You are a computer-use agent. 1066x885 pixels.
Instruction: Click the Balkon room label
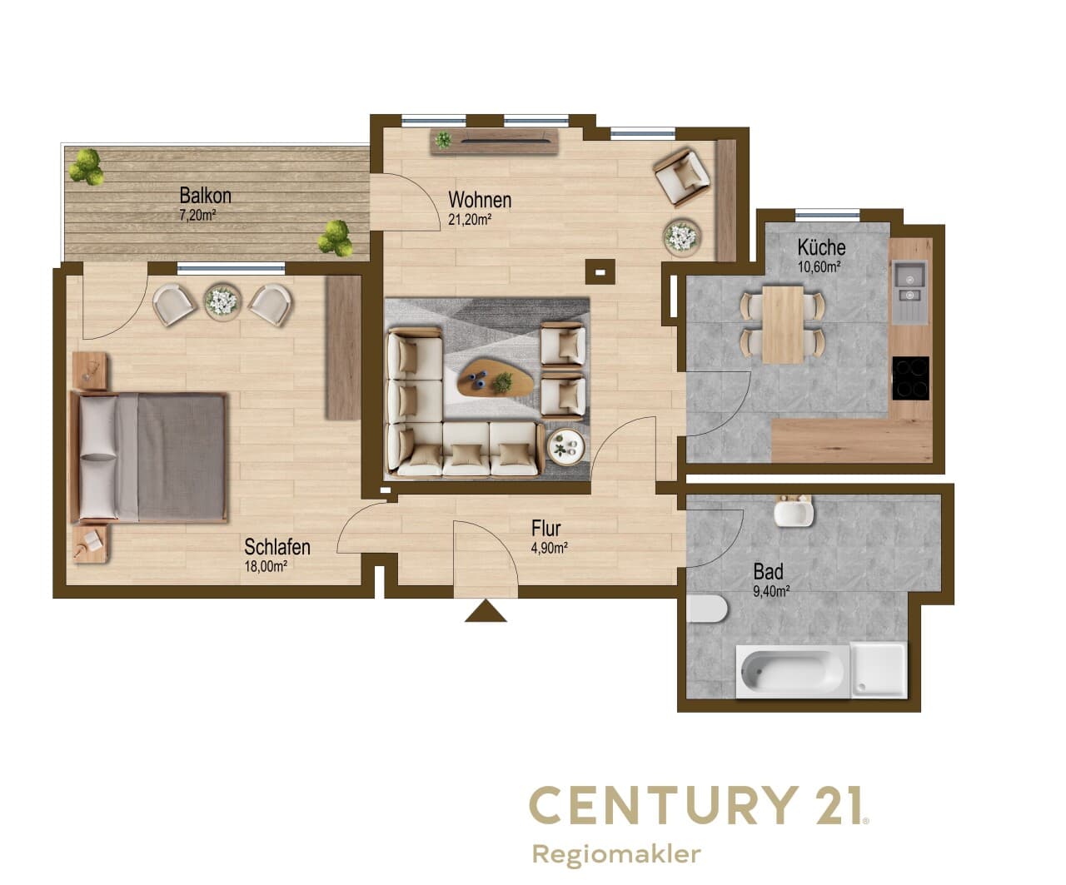click(205, 196)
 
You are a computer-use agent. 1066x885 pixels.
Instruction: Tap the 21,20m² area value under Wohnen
click(470, 220)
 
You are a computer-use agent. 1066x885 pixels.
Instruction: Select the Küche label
click(821, 247)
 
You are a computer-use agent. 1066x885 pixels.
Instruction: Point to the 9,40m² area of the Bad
click(771, 591)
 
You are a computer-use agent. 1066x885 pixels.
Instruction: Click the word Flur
click(545, 528)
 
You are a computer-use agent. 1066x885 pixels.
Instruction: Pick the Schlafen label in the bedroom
click(277, 547)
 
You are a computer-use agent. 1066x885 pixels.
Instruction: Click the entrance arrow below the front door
click(486, 611)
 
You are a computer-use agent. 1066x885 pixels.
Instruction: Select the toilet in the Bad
click(706, 609)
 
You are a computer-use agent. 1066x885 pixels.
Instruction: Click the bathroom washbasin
click(794, 511)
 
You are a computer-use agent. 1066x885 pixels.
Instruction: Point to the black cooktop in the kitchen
click(911, 378)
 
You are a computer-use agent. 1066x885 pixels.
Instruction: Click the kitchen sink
click(909, 291)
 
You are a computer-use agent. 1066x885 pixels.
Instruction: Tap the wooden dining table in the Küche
click(782, 325)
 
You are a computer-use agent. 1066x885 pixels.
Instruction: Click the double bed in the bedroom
click(149, 457)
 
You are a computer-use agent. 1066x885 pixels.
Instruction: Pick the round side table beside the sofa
click(566, 446)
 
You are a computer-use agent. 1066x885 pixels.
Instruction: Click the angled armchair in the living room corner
click(681, 177)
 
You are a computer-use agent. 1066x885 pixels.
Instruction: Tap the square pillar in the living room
click(600, 272)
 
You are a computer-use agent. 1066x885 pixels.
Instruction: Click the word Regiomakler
click(616, 854)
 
